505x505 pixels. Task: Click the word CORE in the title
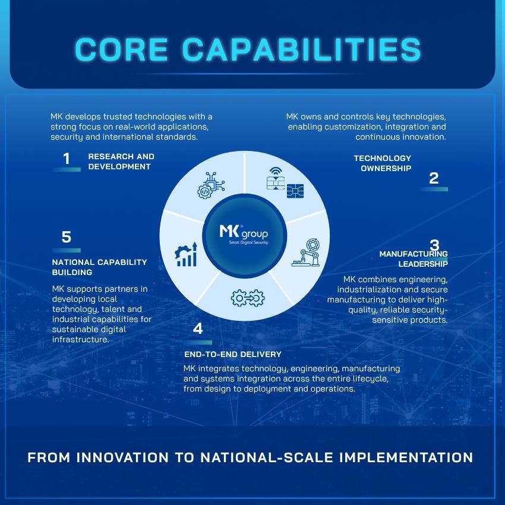coord(121,49)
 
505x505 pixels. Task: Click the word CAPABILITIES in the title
coord(301,49)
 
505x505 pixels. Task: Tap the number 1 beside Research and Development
coord(67,159)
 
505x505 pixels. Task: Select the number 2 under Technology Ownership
coord(434,178)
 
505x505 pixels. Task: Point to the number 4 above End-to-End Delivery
coord(198,329)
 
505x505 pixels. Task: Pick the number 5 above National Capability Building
coord(67,237)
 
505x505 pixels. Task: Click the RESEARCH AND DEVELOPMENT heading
coord(121,162)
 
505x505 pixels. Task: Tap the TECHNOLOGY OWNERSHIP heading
coord(382,163)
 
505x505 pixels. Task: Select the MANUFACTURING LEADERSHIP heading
coord(414,258)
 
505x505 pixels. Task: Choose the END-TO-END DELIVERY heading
coord(233,354)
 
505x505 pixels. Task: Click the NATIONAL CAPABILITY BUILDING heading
coord(100,267)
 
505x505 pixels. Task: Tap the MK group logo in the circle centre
coord(244,234)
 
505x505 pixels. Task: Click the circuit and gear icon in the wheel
coord(211,185)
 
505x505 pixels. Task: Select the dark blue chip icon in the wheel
coord(295,191)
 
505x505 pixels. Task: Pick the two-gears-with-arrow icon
coord(248,298)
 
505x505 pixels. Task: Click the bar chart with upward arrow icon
coord(186,254)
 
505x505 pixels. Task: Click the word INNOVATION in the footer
coord(122,457)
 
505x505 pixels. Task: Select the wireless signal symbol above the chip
coord(276,171)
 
